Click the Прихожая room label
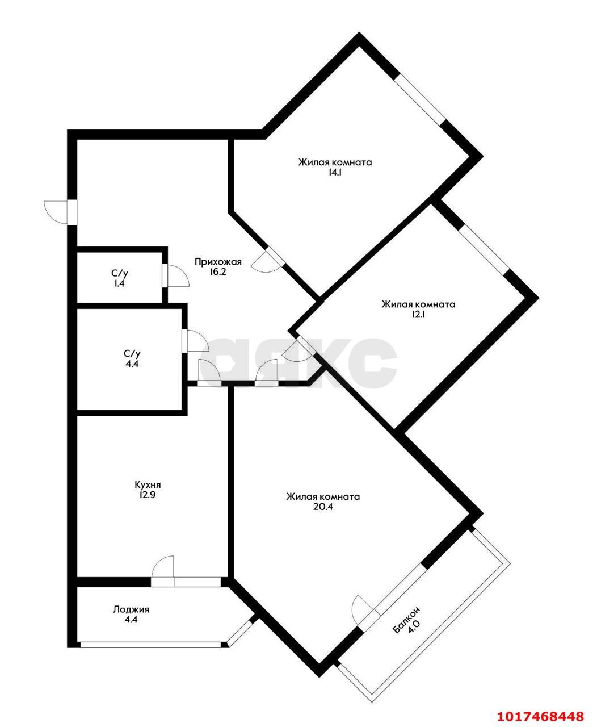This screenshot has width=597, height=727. coord(218,262)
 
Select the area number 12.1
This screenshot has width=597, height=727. coord(418,315)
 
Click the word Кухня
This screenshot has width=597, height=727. coord(148,485)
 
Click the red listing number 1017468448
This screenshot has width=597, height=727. coord(540,713)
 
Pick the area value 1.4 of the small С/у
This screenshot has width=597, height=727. coord(120,284)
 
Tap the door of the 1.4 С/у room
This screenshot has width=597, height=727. coord(176,275)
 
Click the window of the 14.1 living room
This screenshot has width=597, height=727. coord(421,99)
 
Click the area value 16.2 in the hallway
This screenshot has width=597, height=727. coord(217,271)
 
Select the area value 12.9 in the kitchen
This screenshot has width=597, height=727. coord(148,495)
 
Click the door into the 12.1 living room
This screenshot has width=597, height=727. coord(296,349)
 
